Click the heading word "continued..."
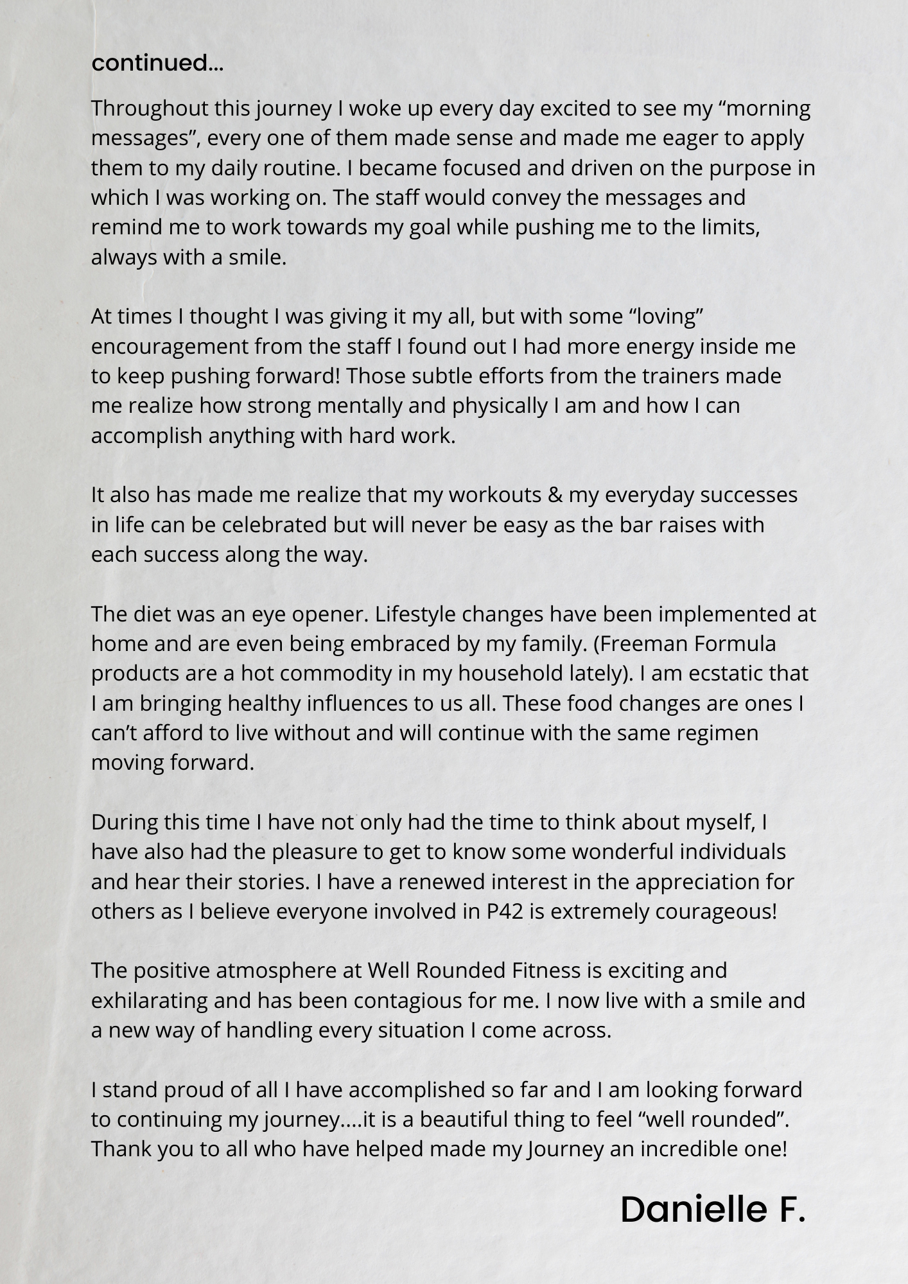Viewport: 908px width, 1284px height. (157, 64)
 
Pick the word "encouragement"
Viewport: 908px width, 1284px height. (170, 347)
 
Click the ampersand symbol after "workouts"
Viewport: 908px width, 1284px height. (555, 495)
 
